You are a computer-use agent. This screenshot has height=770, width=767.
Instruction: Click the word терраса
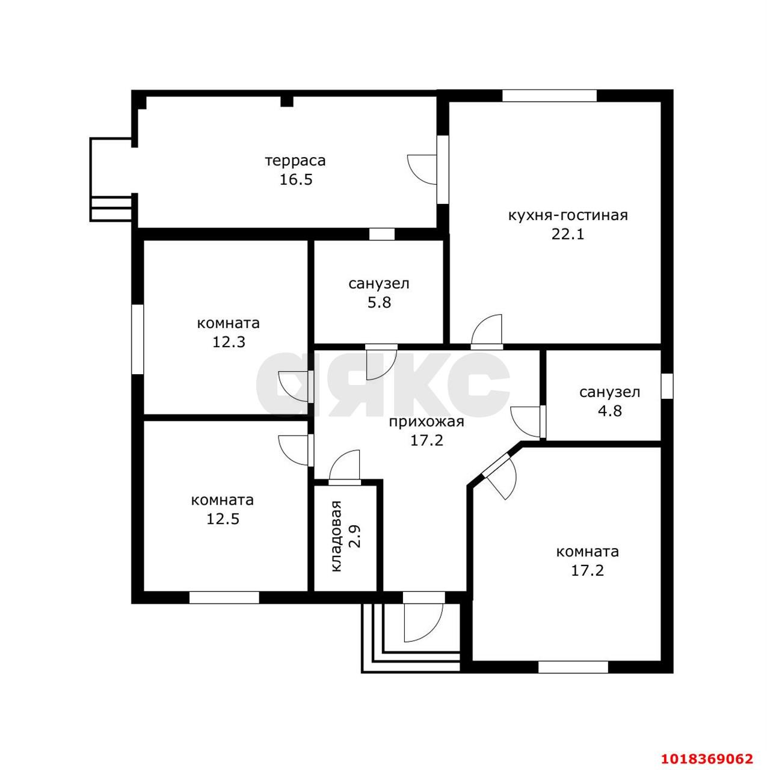coord(295,161)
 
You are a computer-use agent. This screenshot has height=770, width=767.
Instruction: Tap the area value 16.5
coord(296,180)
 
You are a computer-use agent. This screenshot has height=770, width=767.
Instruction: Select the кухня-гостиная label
coord(568,216)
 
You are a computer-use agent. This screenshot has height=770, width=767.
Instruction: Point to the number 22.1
coord(568,234)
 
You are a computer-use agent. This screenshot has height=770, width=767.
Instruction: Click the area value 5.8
coord(379,303)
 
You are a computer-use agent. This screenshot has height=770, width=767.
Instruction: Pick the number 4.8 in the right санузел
coord(610,411)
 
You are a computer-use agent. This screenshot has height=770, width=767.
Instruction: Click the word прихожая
coord(427,422)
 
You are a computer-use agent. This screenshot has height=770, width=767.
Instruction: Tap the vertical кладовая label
coord(336,536)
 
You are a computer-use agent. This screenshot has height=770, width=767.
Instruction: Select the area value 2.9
coord(356,536)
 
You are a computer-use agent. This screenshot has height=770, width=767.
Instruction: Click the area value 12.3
coord(228,342)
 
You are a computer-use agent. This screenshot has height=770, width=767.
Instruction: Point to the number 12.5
coord(223,519)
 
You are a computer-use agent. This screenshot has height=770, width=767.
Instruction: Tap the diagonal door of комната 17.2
coord(499,476)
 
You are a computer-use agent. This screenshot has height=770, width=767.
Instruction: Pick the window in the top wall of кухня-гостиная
coord(549,96)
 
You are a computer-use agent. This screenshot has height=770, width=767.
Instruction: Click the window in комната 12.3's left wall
coord(138,339)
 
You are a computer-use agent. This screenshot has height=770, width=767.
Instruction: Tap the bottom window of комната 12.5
coord(224,598)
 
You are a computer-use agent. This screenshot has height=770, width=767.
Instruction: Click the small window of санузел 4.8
coord(667,386)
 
